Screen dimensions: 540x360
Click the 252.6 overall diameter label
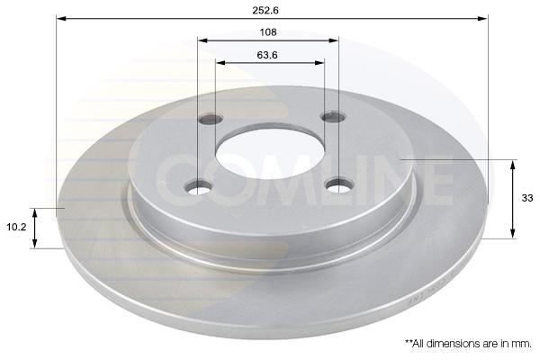265,10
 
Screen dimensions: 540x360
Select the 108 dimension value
268,32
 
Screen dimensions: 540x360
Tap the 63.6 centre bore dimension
267,55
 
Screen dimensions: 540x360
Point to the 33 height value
526,198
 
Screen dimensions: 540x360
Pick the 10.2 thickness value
16,227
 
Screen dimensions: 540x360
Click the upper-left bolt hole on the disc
211,119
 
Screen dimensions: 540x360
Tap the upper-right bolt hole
333,117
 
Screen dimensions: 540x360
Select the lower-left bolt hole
198,188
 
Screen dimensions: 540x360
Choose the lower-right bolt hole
340,185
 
